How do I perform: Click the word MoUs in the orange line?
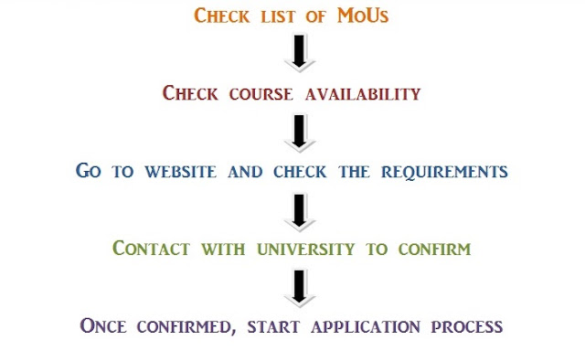click(363, 16)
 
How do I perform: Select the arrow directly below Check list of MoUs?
click(299, 53)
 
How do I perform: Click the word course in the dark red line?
click(261, 94)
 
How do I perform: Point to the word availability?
click(363, 94)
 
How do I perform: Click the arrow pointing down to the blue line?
click(299, 133)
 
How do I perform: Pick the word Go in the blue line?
click(89, 170)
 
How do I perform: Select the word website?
click(181, 172)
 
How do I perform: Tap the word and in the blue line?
click(245, 172)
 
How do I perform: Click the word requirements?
click(444, 173)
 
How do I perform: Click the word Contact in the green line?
click(151, 249)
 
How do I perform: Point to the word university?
click(306, 250)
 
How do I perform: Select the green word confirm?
click(435, 250)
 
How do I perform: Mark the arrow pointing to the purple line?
click(299, 289)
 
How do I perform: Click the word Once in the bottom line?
click(103, 325)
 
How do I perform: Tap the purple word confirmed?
click(186, 327)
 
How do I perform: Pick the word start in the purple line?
click(273, 327)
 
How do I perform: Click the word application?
click(366, 327)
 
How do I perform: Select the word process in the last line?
click(467, 327)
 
